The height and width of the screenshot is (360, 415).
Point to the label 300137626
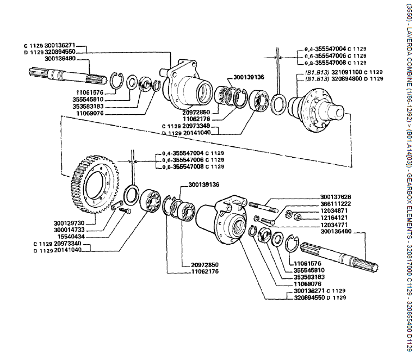[336, 197]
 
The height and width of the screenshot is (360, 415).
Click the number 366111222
[336, 203]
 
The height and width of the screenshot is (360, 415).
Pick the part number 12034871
[335, 210]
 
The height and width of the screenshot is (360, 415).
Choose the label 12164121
[335, 218]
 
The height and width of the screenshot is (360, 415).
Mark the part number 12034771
[335, 224]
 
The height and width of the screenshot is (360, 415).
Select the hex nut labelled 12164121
[299, 217]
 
